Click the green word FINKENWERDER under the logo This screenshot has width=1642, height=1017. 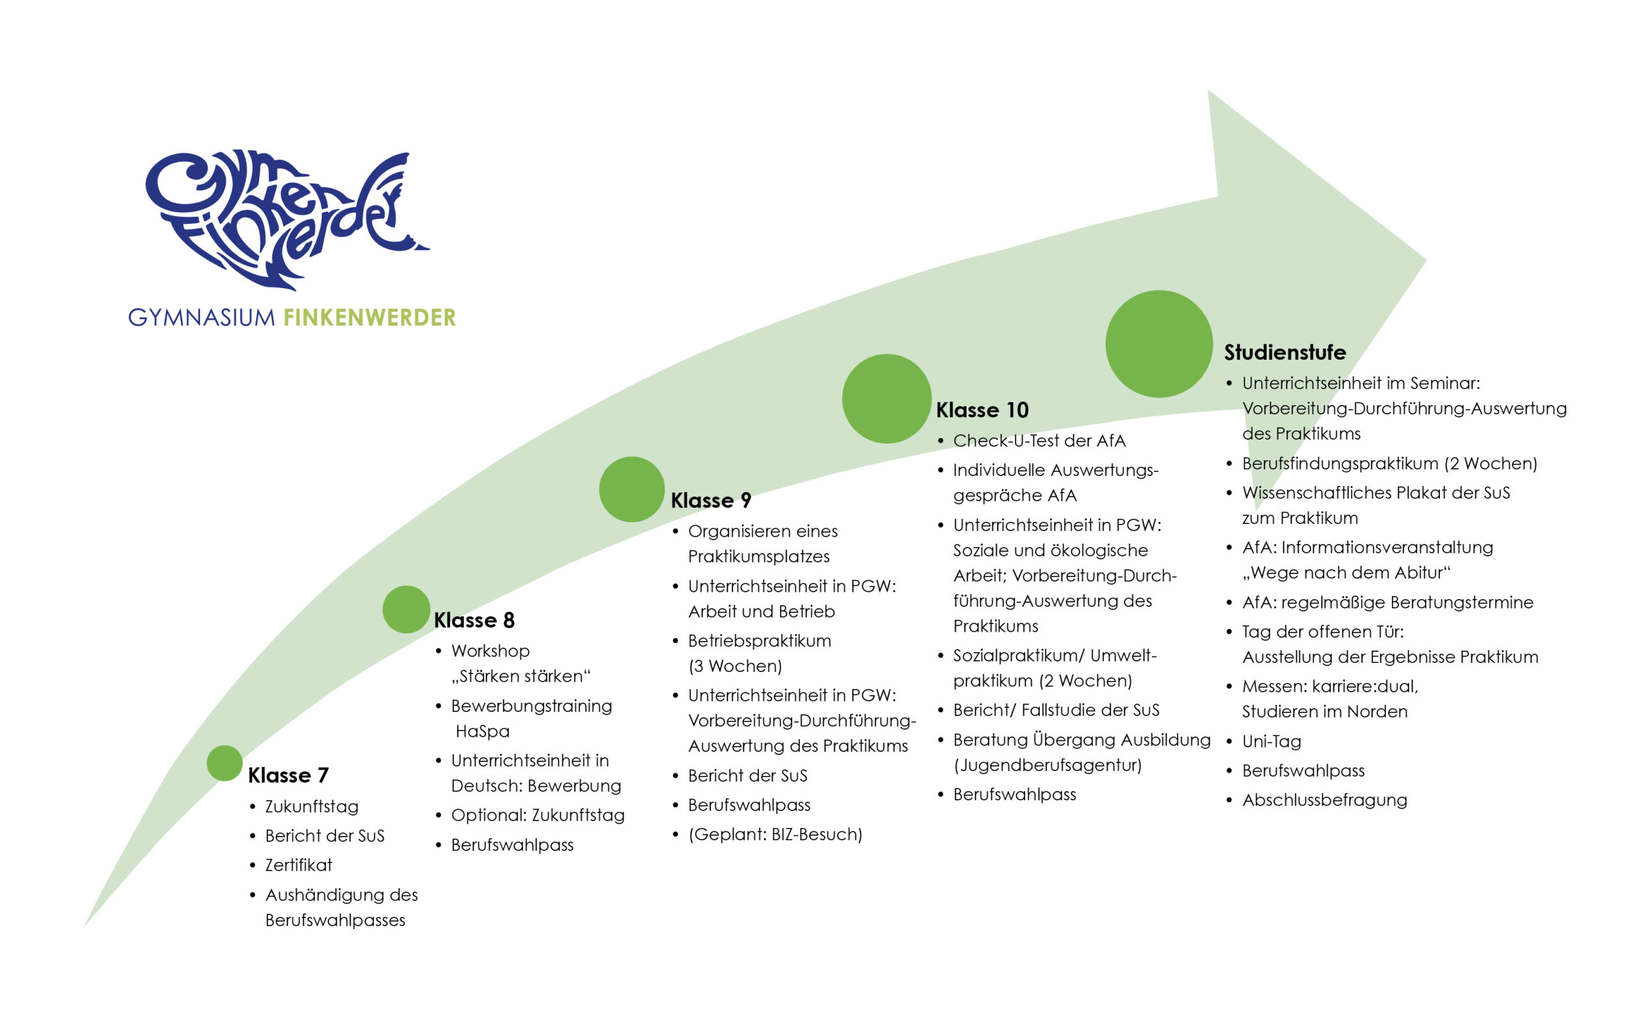click(369, 317)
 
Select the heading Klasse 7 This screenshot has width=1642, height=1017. click(288, 775)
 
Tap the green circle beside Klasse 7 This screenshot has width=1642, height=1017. click(224, 763)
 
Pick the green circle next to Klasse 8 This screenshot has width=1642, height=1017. click(405, 609)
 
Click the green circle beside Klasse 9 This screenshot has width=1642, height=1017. click(631, 489)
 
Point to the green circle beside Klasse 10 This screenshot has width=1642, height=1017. click(886, 398)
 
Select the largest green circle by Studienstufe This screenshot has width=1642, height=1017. click(1158, 344)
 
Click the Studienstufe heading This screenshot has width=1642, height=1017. click(1284, 352)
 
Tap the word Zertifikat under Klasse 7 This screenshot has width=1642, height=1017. click(298, 865)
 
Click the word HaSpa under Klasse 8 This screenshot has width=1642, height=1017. click(482, 731)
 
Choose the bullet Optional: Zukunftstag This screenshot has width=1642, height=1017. click(537, 815)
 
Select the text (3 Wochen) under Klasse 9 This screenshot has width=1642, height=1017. click(734, 666)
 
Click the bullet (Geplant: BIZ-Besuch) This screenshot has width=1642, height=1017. click(774, 834)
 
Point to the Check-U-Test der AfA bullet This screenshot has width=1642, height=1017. click(1038, 441)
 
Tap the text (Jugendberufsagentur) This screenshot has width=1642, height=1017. click(1047, 765)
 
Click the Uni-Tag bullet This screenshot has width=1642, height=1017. click(1271, 741)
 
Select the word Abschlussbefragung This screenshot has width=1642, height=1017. click(1324, 800)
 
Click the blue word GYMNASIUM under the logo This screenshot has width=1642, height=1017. click(201, 317)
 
